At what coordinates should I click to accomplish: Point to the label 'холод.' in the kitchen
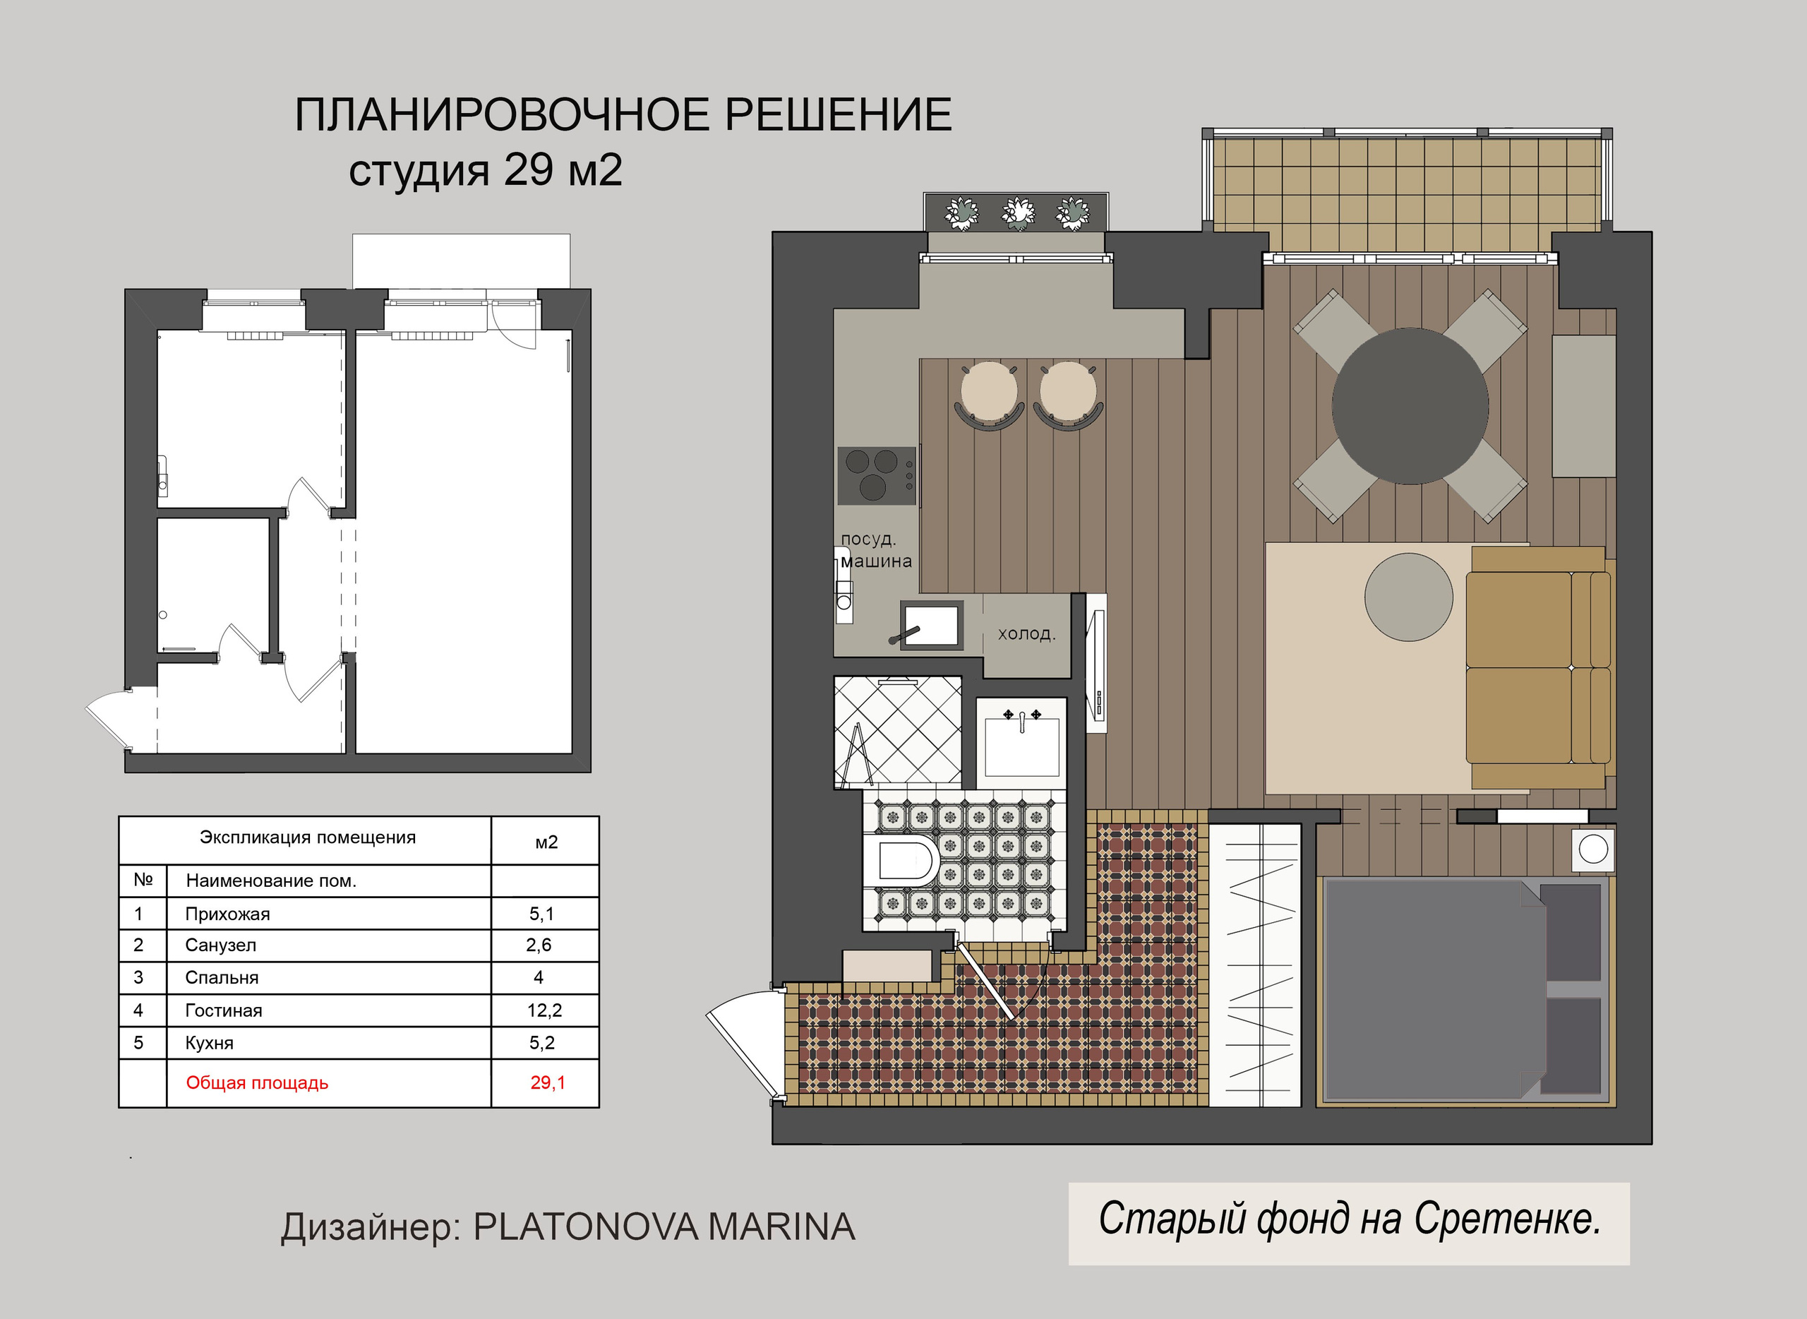(x=1026, y=634)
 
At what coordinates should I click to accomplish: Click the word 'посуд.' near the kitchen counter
(x=868, y=539)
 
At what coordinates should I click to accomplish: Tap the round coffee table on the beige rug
(x=1408, y=597)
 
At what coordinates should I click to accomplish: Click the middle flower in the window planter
(x=1017, y=213)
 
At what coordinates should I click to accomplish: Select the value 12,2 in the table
(x=544, y=1010)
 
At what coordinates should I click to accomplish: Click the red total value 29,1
(x=548, y=1082)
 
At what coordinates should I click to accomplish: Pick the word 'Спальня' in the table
(x=222, y=977)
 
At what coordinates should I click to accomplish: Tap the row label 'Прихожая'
(x=227, y=914)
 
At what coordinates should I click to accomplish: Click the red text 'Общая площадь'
(x=257, y=1082)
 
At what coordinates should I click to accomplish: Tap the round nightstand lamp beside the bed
(x=1593, y=849)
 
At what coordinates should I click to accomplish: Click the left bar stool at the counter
(x=989, y=393)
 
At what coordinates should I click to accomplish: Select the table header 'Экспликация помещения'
(x=307, y=837)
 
